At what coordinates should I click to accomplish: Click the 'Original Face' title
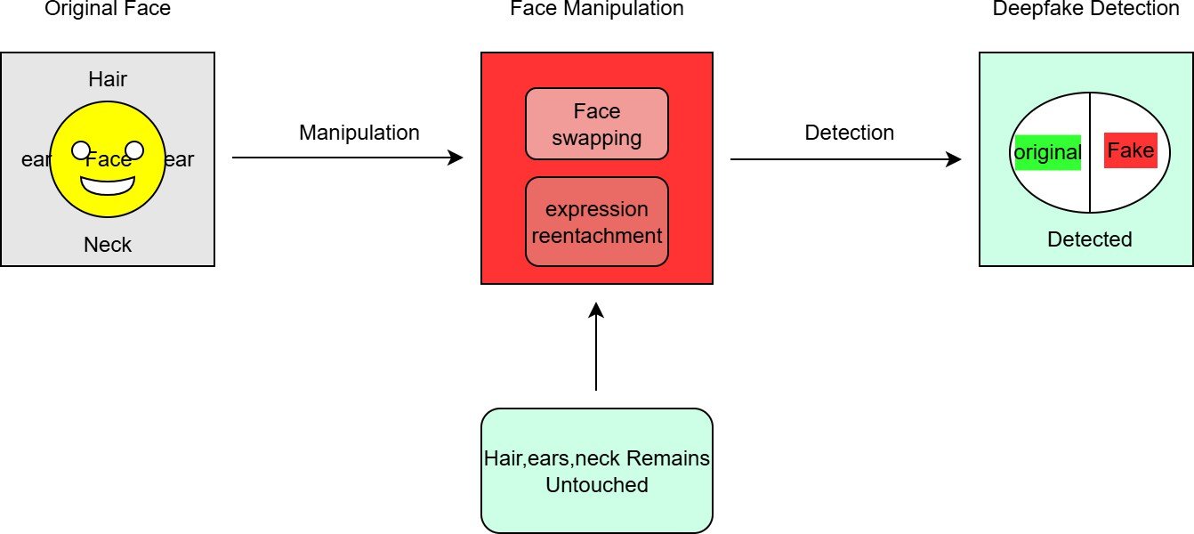[108, 10]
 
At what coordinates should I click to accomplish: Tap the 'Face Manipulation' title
[597, 10]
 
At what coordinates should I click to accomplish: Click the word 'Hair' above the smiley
[108, 79]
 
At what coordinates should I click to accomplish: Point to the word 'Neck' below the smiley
[108, 245]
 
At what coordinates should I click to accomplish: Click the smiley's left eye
[82, 150]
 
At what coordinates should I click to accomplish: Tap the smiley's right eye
[133, 150]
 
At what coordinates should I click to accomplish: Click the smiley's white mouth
[108, 185]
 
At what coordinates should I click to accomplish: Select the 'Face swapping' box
[597, 124]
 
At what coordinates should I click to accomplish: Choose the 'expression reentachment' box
[597, 222]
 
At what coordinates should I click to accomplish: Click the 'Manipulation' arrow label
[359, 133]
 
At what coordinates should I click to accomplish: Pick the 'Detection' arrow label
[850, 133]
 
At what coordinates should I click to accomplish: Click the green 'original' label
[1047, 152]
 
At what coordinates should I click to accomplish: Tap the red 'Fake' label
[1131, 150]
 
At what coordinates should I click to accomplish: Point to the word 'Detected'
[1090, 239]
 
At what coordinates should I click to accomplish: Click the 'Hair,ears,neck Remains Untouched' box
[597, 471]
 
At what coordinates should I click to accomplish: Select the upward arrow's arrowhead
[596, 310]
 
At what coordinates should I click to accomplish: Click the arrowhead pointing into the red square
[456, 158]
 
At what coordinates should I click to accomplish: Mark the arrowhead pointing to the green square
[955, 160]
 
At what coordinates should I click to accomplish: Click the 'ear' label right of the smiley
[179, 160]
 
